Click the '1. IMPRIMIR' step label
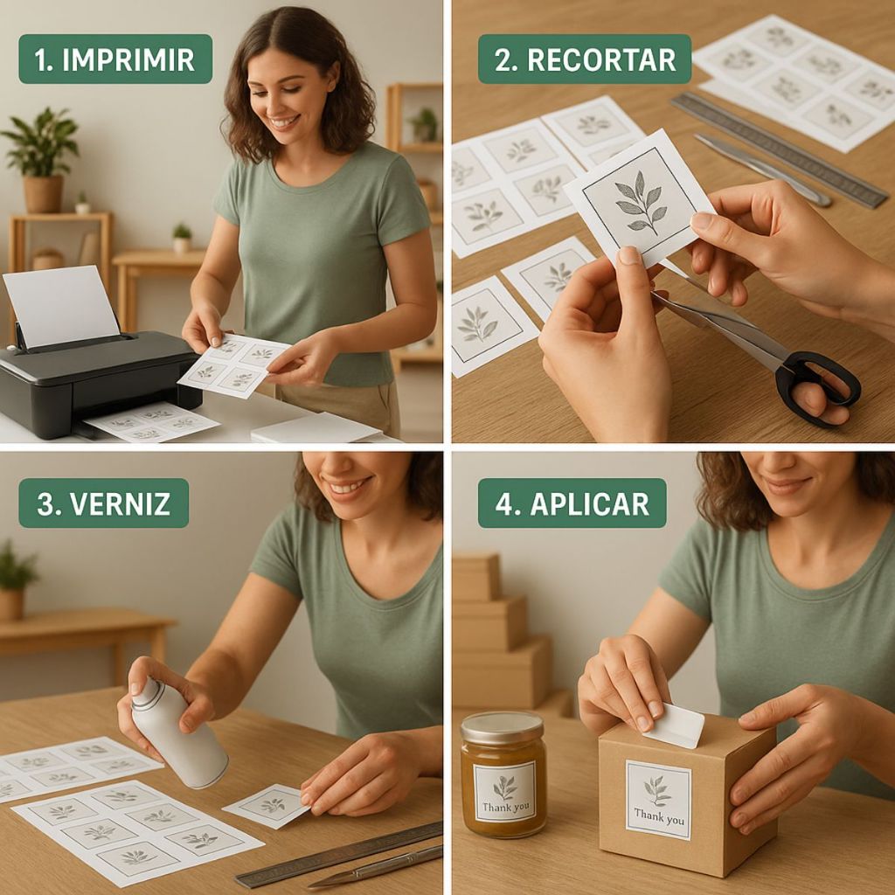pyautogui.click(x=115, y=59)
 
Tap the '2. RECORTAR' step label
pyautogui.click(x=585, y=59)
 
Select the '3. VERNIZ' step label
pyautogui.click(x=104, y=503)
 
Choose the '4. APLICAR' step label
pyautogui.click(x=572, y=503)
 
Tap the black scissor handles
pyautogui.click(x=816, y=388)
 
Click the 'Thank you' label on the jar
pyautogui.click(x=504, y=792)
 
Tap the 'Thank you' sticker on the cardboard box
pyautogui.click(x=658, y=800)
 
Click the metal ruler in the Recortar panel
pyautogui.click(x=779, y=149)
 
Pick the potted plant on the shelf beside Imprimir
pyautogui.click(x=41, y=160)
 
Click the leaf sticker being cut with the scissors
pyautogui.click(x=639, y=197)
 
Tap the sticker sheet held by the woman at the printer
pyautogui.click(x=235, y=366)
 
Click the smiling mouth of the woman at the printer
pyautogui.click(x=284, y=121)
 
